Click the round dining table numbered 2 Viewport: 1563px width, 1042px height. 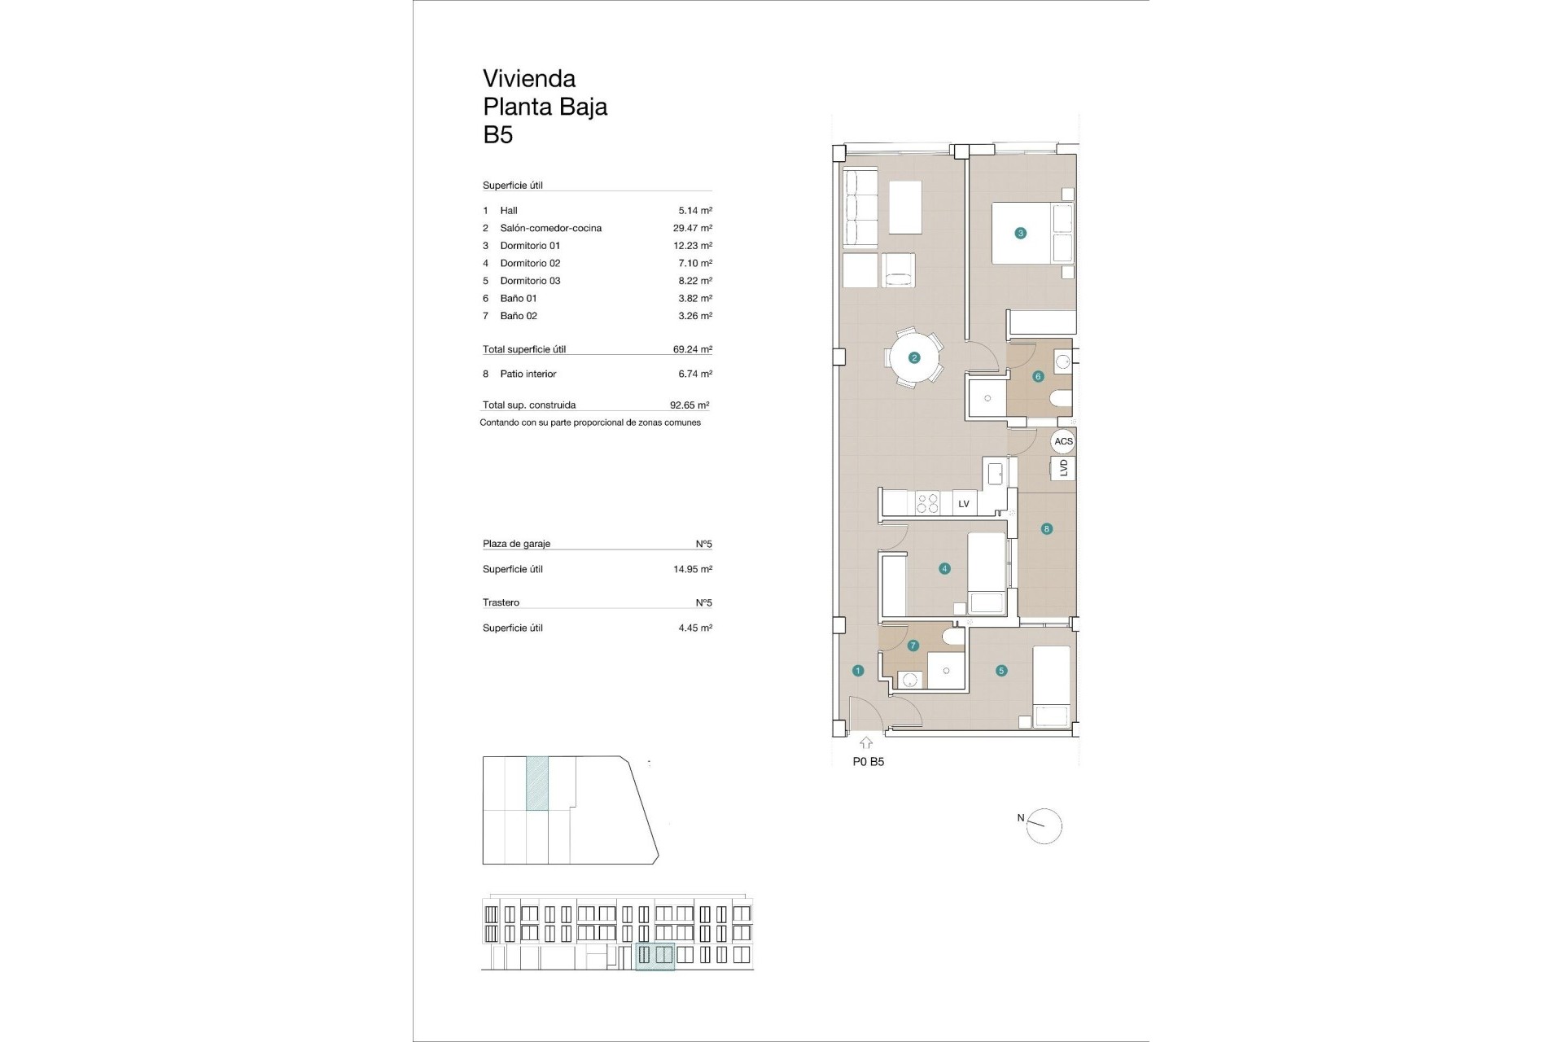[914, 357]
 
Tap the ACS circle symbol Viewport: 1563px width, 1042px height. [1063, 441]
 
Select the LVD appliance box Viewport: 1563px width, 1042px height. [1063, 468]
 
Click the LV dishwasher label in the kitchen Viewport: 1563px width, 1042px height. [964, 504]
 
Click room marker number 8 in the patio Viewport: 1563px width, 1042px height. [1047, 529]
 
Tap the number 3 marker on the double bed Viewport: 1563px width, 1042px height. [1020, 233]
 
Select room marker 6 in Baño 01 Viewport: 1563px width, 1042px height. [1038, 376]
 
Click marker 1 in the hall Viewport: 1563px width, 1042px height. [858, 671]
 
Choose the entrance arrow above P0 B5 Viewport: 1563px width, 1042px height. [866, 742]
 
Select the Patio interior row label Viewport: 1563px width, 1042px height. [528, 374]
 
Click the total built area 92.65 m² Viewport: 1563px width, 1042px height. [689, 405]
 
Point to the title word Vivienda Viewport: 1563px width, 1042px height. [529, 78]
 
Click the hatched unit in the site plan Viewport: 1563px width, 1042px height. [537, 783]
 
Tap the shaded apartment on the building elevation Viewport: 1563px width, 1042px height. [655, 956]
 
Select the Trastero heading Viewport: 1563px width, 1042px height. [501, 602]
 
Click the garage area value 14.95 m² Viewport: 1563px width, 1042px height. [692, 569]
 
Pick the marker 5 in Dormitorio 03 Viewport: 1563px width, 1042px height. [1001, 671]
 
